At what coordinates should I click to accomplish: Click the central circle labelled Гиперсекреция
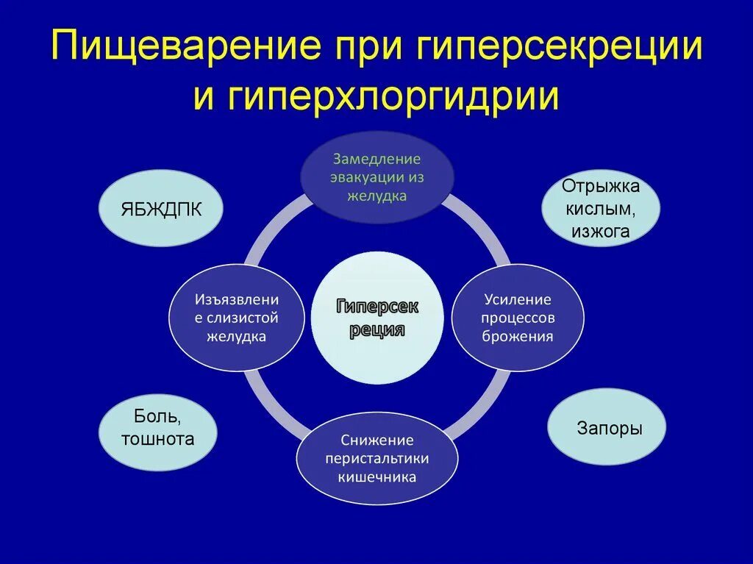[x=377, y=317]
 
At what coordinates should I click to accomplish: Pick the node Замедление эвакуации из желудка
[x=377, y=177]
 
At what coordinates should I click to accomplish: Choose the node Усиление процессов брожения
[x=518, y=318]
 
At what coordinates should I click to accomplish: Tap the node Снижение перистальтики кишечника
[x=377, y=458]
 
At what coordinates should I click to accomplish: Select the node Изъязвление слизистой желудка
[x=237, y=318]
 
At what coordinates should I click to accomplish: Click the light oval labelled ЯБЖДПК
[x=160, y=208]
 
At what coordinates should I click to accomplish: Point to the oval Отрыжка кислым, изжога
[x=601, y=208]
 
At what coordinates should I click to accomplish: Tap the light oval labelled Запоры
[x=607, y=428]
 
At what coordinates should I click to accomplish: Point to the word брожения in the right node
[x=518, y=336]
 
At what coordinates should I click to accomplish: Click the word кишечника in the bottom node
[x=377, y=476]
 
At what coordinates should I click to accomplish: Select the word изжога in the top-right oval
[x=601, y=232]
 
